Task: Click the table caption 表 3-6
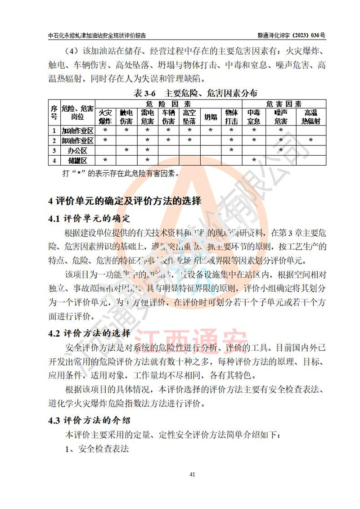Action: [147, 94]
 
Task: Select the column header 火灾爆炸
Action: [105, 117]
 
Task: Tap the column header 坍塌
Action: [211, 117]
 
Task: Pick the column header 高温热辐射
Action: [311, 117]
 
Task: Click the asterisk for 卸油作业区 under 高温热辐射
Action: [311, 140]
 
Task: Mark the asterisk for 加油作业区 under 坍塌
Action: [211, 131]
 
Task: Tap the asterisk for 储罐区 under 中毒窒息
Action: [254, 160]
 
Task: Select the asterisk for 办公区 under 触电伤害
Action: [126, 150]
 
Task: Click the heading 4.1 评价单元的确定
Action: [90, 219]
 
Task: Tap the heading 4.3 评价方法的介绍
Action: [90, 421]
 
